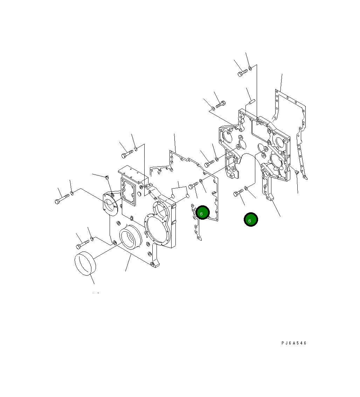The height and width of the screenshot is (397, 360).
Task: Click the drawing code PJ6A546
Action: click(294, 343)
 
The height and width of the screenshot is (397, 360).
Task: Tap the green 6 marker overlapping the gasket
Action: click(202, 212)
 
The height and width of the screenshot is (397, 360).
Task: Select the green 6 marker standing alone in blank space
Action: click(251, 220)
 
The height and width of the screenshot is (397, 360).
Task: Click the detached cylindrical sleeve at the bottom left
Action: click(85, 263)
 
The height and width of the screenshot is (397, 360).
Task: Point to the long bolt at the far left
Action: click(62, 199)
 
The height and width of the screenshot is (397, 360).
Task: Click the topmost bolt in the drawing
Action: click(242, 73)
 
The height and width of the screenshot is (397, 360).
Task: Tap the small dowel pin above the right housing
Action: click(252, 102)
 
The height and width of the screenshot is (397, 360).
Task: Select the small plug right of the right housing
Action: click(297, 172)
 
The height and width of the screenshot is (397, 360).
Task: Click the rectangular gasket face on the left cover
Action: click(129, 191)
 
